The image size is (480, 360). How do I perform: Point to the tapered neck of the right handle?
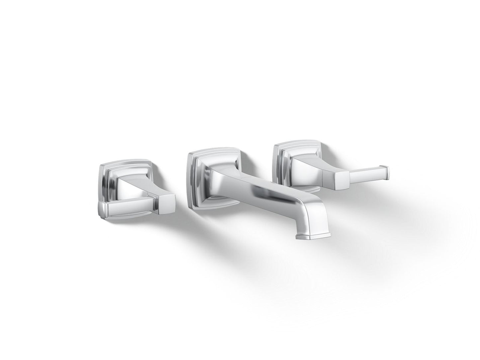coord(309,163)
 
